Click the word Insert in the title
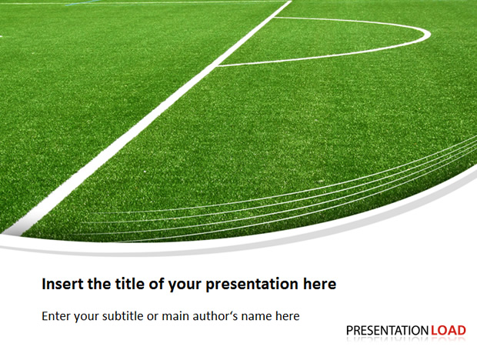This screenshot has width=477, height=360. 62,284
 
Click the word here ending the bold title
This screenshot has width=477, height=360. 320,284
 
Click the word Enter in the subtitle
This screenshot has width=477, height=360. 56,316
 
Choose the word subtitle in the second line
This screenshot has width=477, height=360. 122,315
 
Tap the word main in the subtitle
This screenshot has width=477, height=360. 175,316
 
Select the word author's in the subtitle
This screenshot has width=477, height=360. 215,315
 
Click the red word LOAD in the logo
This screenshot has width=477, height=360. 449,330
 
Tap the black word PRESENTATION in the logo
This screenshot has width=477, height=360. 388,330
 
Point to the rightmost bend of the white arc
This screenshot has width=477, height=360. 429,33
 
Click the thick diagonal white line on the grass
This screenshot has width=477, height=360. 147,117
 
